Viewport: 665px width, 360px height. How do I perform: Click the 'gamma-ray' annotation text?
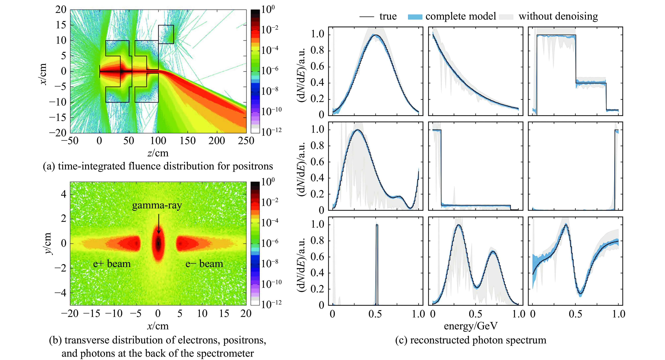pos(157,206)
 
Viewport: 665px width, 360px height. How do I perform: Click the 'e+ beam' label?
pos(112,264)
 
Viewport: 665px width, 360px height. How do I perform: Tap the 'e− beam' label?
pos(204,264)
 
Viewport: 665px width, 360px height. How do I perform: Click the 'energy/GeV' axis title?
pos(471,326)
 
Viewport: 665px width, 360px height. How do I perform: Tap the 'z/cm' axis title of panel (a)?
pos(158,153)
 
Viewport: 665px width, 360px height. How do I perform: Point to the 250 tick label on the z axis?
pos(246,141)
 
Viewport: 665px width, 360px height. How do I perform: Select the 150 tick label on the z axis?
pos(188,141)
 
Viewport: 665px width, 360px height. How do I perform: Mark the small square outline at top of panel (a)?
pos(166,34)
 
